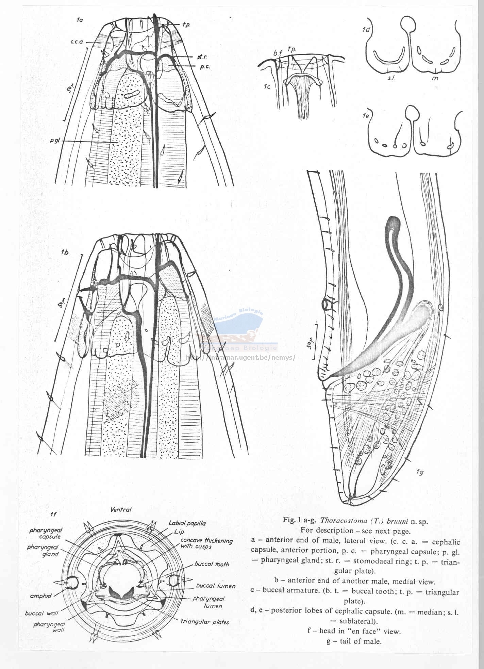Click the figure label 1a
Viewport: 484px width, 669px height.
click(80, 20)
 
